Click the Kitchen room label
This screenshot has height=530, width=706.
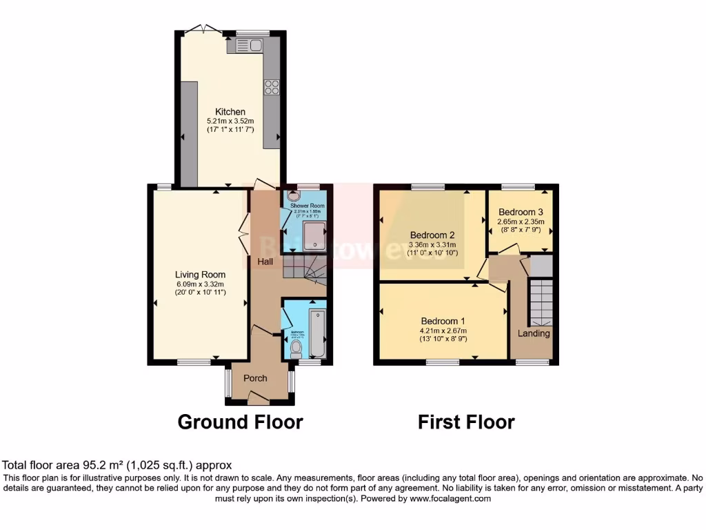[x=230, y=112]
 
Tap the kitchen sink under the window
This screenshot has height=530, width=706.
[x=249, y=46]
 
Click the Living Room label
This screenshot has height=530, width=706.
[x=201, y=274]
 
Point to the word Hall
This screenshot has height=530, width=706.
[x=265, y=262]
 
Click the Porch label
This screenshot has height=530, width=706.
[x=255, y=378]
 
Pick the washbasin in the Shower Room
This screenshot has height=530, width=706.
[x=288, y=196]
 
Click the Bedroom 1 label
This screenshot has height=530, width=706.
[x=443, y=321]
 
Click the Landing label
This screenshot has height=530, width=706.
[x=534, y=333]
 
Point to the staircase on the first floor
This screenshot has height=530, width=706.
[x=540, y=301]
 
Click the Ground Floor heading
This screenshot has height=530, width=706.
[x=240, y=422]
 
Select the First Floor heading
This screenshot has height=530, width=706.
[x=466, y=422]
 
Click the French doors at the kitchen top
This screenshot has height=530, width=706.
[x=203, y=30]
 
